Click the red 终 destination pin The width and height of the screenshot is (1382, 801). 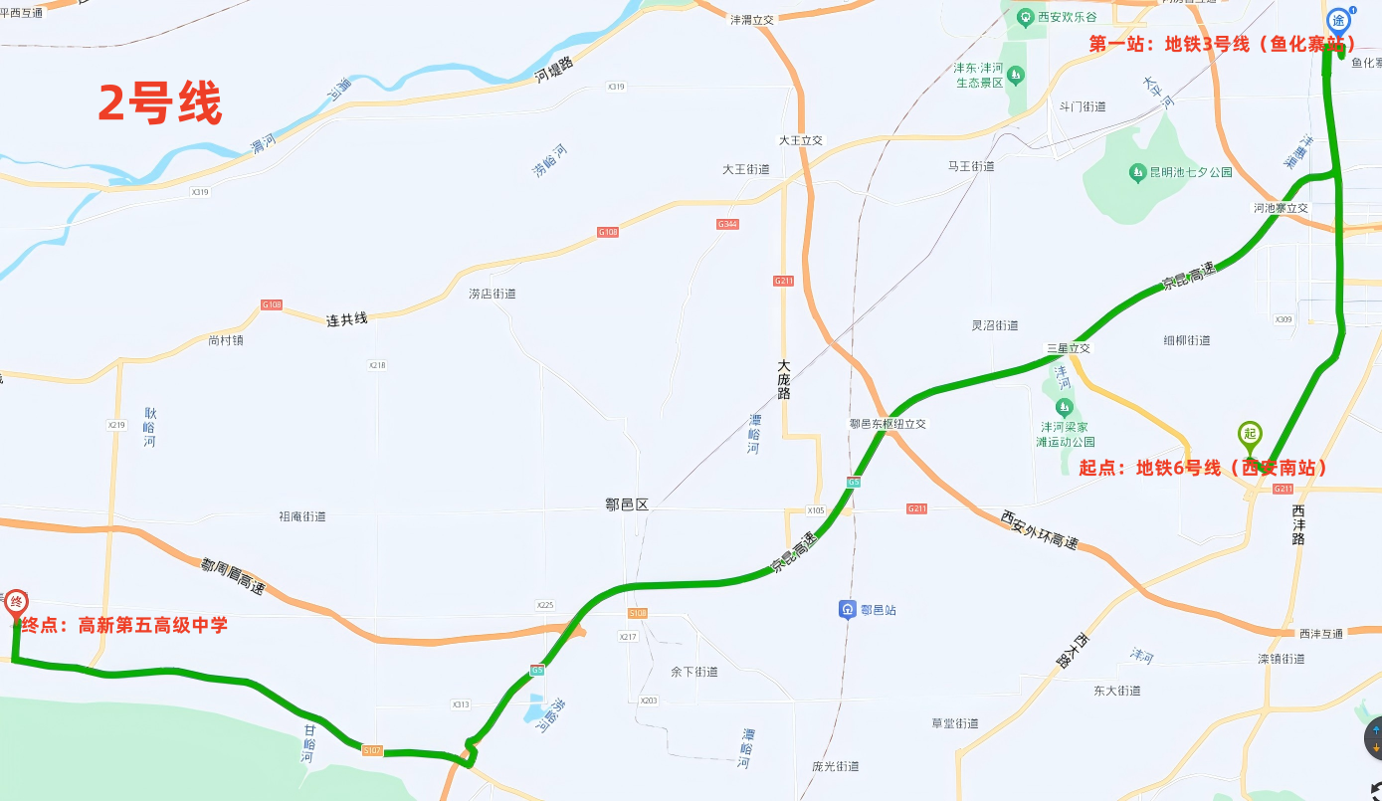tap(17, 603)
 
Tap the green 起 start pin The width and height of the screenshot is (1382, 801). tap(1250, 435)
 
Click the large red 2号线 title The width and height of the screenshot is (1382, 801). tap(159, 102)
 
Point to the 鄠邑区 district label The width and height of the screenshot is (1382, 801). tap(627, 504)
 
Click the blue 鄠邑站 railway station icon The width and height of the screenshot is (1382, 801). tap(847, 609)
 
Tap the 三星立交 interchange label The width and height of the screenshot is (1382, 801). tap(1068, 348)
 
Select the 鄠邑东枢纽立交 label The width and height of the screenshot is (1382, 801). tap(887, 424)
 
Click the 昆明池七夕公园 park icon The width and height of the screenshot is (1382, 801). tap(1137, 172)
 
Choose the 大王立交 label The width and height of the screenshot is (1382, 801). tap(801, 140)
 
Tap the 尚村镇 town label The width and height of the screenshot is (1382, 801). tap(226, 340)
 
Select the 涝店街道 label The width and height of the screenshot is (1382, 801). tap(493, 294)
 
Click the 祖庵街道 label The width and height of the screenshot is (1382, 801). tap(302, 516)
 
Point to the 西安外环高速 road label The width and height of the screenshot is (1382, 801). tap(1039, 530)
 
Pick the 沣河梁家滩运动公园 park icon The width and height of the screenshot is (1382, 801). tap(1065, 407)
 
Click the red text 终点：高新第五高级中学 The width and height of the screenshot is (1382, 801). tap(124, 625)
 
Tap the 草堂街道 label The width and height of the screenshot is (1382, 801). tap(955, 723)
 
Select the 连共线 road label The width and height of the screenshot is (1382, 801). tap(347, 319)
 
